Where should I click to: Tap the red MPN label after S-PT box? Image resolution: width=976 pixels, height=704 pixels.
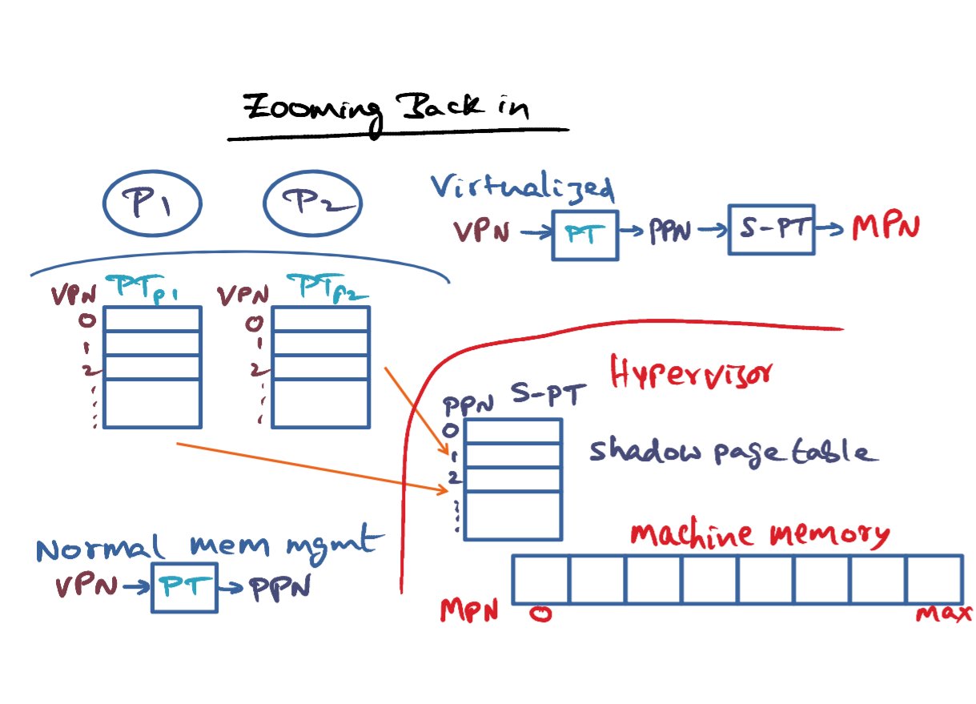pyautogui.click(x=886, y=227)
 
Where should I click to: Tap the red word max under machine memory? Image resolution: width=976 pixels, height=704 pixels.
pyautogui.click(x=944, y=613)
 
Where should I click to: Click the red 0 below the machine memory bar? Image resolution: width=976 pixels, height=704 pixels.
pyautogui.click(x=540, y=614)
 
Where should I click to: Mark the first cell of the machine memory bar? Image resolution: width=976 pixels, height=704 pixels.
pyautogui.click(x=540, y=580)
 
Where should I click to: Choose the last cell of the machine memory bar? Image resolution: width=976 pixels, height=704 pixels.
pyautogui.click(x=935, y=580)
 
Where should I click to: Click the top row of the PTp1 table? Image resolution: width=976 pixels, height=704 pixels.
pyautogui.click(x=152, y=319)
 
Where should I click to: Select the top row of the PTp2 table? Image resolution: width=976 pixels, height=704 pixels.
pyautogui.click(x=321, y=319)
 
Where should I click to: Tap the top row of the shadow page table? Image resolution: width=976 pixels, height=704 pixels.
pyautogui.click(x=513, y=431)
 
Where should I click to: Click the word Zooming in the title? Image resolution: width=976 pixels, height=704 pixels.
pyautogui.click(x=313, y=111)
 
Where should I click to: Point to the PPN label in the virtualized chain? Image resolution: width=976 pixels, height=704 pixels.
pyautogui.click(x=670, y=231)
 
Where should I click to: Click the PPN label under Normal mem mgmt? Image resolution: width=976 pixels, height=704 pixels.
pyautogui.click(x=280, y=588)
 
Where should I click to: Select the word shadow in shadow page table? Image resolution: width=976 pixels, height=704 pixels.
pyautogui.click(x=645, y=449)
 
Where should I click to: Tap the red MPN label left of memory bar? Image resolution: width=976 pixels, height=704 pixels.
pyautogui.click(x=469, y=609)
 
